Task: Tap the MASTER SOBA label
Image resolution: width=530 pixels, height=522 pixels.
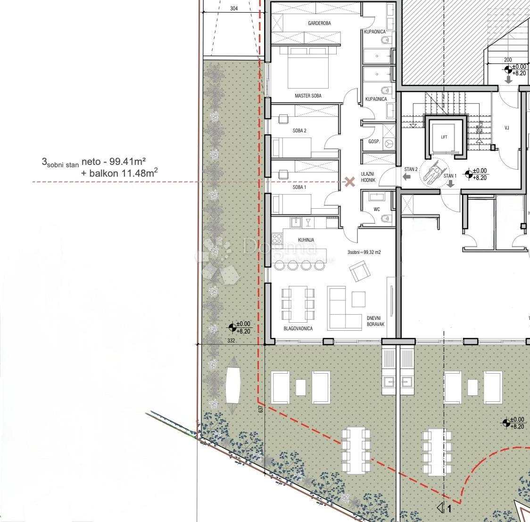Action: [x=308, y=96]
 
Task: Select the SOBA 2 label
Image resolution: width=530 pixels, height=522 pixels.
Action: [x=299, y=130]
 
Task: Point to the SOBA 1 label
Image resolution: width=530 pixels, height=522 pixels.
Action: [x=299, y=188]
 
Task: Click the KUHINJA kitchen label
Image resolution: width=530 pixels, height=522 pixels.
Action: [x=306, y=240]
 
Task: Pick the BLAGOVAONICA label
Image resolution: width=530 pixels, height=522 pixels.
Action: [x=298, y=328]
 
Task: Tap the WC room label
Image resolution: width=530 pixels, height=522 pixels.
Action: [x=377, y=209]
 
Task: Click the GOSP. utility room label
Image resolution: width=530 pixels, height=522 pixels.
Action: [x=374, y=142]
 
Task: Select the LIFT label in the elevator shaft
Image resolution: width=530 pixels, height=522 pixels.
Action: [x=444, y=137]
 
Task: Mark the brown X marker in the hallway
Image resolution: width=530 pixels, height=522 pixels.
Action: [x=349, y=182]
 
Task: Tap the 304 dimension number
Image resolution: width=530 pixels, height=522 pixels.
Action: [x=234, y=8]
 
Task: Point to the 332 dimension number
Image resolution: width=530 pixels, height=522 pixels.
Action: [x=231, y=340]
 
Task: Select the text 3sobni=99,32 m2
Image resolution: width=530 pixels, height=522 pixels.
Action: [x=364, y=252]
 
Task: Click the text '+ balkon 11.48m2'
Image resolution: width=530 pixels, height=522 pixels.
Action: [x=119, y=173]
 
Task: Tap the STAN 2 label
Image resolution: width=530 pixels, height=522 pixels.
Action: [x=411, y=169]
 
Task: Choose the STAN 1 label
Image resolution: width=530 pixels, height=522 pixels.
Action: [x=450, y=176]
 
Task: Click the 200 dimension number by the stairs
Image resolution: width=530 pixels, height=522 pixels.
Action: [x=507, y=60]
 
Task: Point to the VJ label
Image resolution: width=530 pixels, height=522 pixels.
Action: [x=507, y=128]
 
